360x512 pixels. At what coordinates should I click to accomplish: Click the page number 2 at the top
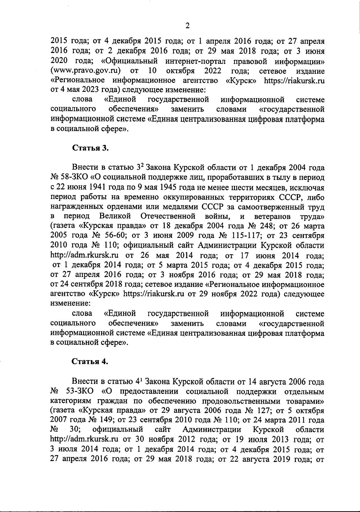point(187,26)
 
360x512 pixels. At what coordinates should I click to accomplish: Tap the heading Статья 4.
point(90,361)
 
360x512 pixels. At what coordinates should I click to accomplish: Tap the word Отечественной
point(168,216)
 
